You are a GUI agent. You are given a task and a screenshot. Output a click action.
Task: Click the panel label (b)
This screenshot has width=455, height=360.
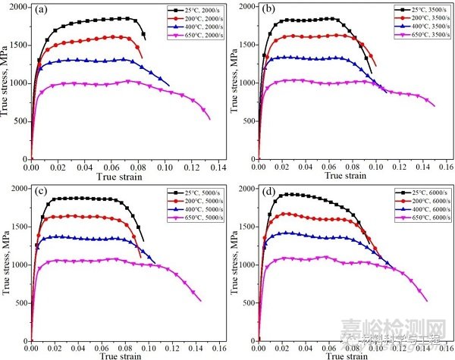[270, 13]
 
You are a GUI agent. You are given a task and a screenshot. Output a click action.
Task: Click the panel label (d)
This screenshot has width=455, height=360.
[270, 193]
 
